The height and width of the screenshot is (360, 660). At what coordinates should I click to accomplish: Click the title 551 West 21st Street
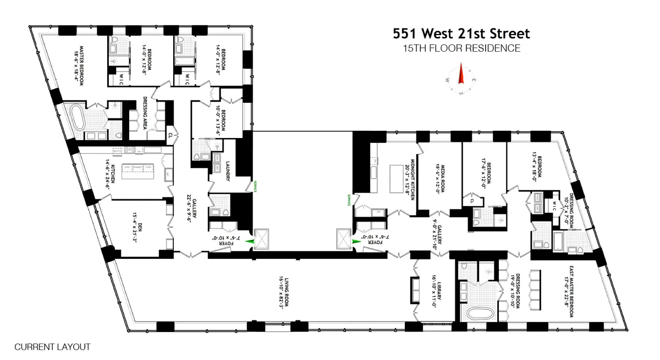(461, 34)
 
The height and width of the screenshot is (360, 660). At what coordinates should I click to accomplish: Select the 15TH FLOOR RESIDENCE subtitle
(461, 48)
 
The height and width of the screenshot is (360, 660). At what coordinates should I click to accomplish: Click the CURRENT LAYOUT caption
(52, 347)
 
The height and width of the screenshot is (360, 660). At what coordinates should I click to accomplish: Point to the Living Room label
(284, 296)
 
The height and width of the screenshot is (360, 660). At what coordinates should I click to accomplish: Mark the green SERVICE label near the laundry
(254, 187)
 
